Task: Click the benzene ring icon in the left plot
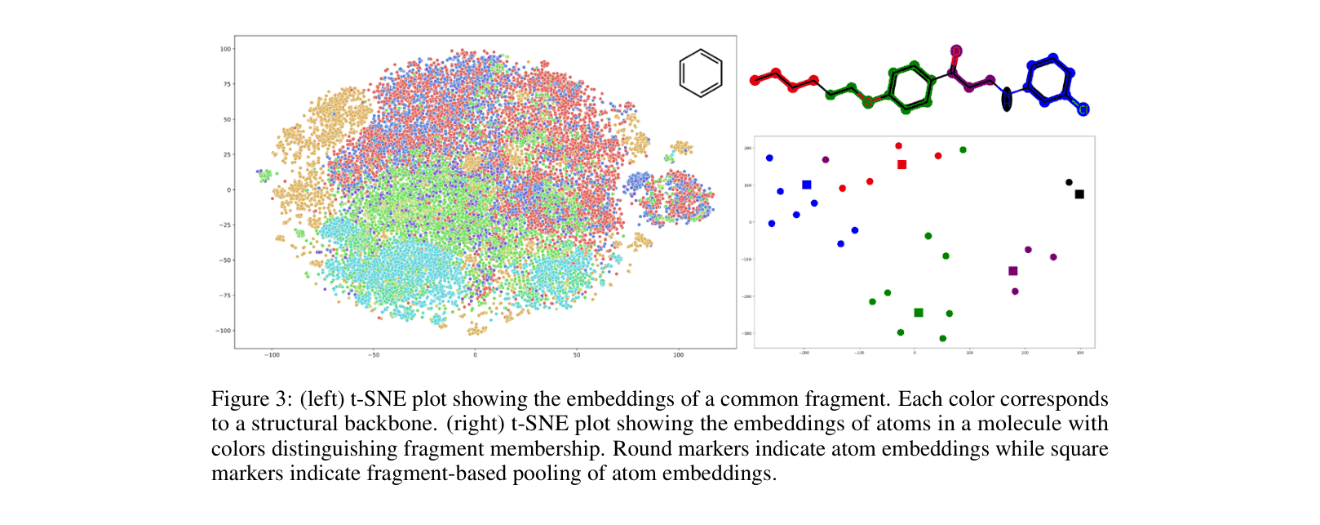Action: pos(701,73)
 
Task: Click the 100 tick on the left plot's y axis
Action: pos(225,49)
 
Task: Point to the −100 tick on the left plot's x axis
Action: pos(272,355)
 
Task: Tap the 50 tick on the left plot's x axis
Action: pos(577,355)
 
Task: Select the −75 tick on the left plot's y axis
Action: pos(224,296)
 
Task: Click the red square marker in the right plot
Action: pos(901,165)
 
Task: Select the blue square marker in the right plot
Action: pos(807,185)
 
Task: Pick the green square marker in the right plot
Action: pos(919,313)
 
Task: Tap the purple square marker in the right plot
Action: pos(1013,271)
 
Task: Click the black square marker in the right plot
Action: pos(1079,194)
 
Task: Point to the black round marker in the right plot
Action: pos(1069,183)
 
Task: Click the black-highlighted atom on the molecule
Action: pos(1007,99)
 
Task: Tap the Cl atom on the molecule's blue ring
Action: pos(1083,109)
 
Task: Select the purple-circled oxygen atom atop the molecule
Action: pos(956,51)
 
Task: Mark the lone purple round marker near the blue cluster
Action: pos(826,160)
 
